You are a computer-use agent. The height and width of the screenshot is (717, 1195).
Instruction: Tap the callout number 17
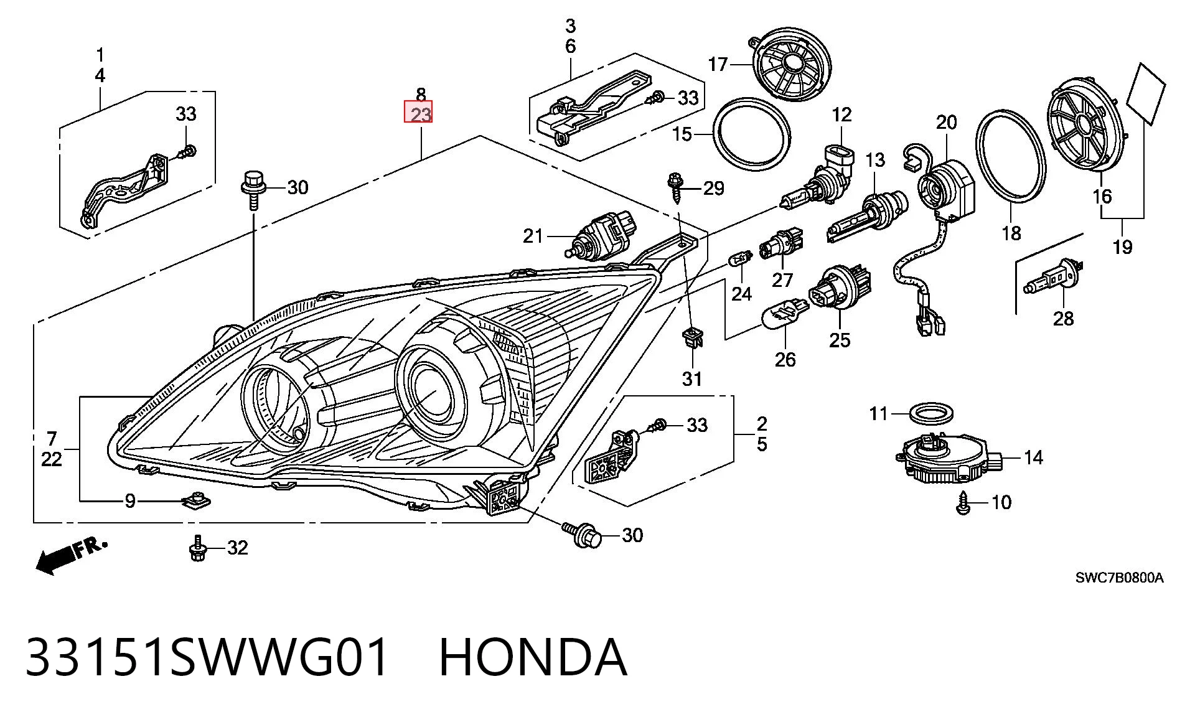pyautogui.click(x=718, y=64)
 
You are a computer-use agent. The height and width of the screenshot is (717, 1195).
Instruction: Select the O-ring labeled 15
pyautogui.click(x=752, y=134)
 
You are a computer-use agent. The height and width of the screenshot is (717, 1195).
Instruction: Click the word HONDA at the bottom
pyautogui.click(x=533, y=657)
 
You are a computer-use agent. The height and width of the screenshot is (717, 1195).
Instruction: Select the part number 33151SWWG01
pyautogui.click(x=207, y=657)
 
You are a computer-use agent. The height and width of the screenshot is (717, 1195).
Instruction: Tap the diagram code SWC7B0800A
pyautogui.click(x=1119, y=578)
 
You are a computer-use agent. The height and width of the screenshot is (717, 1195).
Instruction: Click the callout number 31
pyautogui.click(x=692, y=378)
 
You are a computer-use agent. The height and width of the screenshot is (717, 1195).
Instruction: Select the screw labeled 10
pyautogui.click(x=963, y=503)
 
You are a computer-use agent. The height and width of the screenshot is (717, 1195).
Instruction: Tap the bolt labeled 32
pyautogui.click(x=197, y=548)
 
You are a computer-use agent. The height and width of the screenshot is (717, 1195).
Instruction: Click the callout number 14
pyautogui.click(x=1033, y=457)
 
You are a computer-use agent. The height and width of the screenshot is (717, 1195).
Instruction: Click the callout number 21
pyautogui.click(x=533, y=236)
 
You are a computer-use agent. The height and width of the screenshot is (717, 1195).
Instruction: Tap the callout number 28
pyautogui.click(x=1063, y=319)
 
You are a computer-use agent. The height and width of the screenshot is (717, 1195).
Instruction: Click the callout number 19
pyautogui.click(x=1122, y=247)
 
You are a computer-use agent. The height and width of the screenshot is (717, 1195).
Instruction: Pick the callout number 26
pyautogui.click(x=785, y=359)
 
